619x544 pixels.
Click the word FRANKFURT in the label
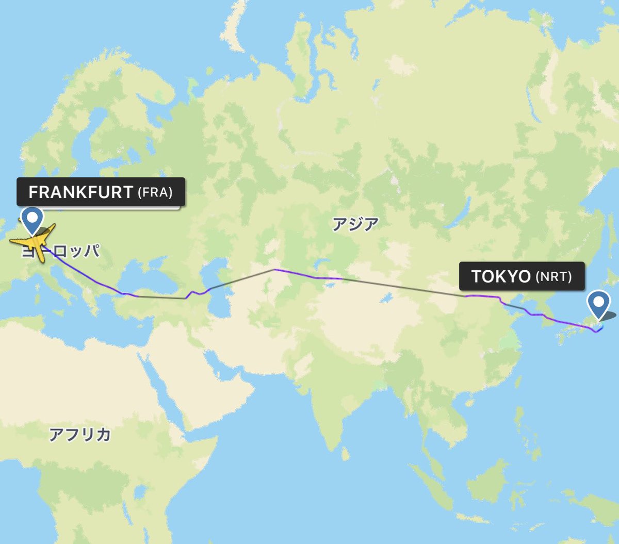coord(81,192)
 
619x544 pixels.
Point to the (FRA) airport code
coord(155,193)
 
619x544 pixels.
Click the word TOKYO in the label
coord(501,276)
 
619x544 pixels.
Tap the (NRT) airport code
coord(553,277)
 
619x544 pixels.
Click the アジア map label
coord(355,225)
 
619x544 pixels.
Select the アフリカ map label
coord(80,435)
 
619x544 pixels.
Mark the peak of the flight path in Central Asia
coord(274,269)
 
